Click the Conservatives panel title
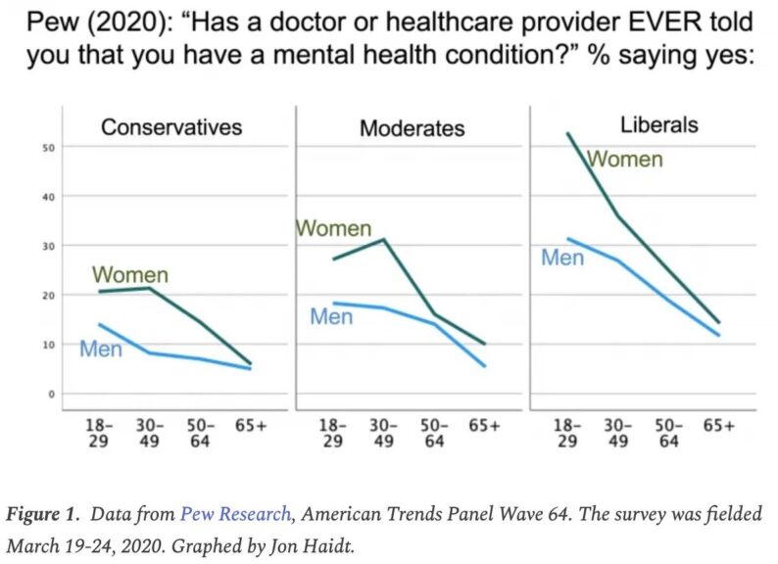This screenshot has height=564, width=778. point(171,126)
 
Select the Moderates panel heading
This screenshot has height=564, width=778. point(412,128)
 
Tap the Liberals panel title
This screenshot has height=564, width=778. point(658,124)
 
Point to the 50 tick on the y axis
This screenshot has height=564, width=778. point(46,147)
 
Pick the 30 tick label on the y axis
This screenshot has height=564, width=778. point(46,246)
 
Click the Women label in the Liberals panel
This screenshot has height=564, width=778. point(624,159)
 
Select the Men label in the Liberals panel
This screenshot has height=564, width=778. point(562,258)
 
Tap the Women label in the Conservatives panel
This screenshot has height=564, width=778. point(130,275)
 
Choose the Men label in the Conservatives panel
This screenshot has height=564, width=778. point(101,348)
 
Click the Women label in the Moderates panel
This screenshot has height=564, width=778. point(333,228)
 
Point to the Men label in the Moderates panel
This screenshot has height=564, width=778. point(331,316)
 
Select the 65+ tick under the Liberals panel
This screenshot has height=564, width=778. point(719,426)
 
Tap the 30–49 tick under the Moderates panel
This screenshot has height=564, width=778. point(384,433)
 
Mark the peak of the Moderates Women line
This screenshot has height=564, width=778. point(384,239)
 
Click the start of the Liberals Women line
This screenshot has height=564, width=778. point(567,133)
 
